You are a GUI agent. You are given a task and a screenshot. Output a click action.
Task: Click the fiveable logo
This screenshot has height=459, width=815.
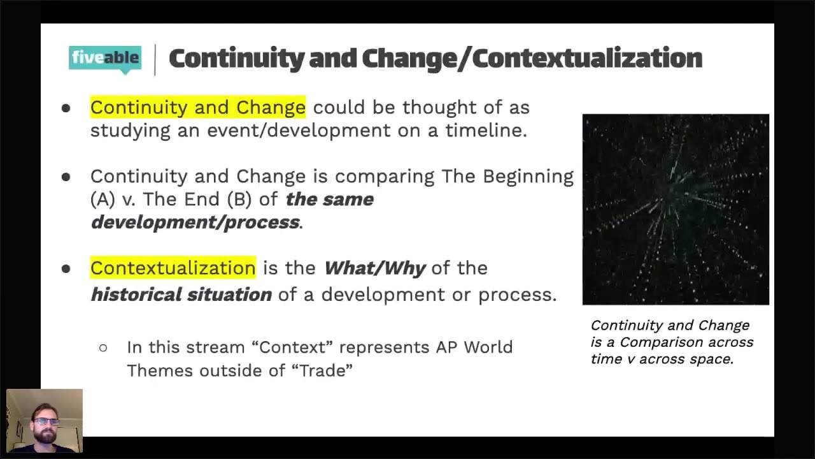(105, 59)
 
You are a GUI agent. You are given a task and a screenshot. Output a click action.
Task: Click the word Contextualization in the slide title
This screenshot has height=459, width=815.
(587, 59)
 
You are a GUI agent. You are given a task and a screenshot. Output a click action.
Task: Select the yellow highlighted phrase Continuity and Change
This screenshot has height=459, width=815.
(197, 107)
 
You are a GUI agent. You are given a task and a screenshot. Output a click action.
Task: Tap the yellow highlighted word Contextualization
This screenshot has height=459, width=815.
(173, 268)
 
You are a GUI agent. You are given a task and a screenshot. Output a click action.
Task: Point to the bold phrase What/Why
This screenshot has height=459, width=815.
(374, 268)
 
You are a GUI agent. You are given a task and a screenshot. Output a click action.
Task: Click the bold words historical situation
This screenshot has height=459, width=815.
(181, 295)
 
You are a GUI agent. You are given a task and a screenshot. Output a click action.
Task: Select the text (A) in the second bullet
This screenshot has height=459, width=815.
(102, 199)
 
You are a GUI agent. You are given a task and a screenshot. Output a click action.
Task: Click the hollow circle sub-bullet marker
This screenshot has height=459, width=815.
(103, 348)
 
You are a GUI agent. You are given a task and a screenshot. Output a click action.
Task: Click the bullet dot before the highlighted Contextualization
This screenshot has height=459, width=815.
(66, 269)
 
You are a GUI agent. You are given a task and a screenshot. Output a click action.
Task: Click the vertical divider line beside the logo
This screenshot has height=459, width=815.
(155, 59)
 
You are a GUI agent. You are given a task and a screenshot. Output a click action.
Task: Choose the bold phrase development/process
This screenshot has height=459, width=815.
(195, 222)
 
